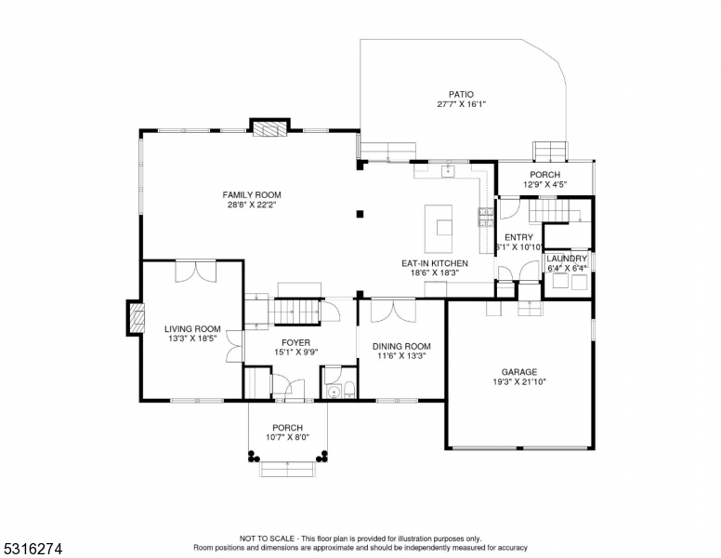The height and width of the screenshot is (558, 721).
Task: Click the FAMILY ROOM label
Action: coord(252,194)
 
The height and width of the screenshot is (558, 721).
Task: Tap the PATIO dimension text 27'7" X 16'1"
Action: coord(461,104)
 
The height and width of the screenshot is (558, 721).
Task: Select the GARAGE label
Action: coord(519,372)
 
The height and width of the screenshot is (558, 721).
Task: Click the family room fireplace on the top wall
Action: coord(270,129)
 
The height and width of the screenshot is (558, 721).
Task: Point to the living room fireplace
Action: coord(136,318)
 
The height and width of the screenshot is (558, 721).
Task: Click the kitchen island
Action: coord(439,229)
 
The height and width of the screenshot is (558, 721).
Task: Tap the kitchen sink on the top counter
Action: coord(448,171)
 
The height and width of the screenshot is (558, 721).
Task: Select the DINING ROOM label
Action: coord(401,346)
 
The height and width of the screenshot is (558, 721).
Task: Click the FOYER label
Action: coord(295,342)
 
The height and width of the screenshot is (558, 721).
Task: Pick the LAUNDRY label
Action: coord(567,259)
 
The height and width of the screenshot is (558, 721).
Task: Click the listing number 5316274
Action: coord(33,549)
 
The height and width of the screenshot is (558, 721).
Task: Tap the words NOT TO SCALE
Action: coord(267,538)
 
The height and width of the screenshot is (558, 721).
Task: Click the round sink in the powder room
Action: coord(333,392)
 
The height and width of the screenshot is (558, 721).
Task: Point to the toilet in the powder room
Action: coord(349,390)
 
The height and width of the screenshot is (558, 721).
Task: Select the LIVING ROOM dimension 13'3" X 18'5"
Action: coord(192,339)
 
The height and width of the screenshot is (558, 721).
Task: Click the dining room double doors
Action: coord(393,311)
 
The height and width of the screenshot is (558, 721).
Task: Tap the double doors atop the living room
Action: coord(195,272)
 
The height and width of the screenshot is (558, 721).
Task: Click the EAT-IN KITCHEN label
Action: coord(435,263)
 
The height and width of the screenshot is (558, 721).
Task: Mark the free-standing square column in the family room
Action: coord(360,214)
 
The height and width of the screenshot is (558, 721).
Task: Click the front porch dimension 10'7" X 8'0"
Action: coord(287,437)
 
